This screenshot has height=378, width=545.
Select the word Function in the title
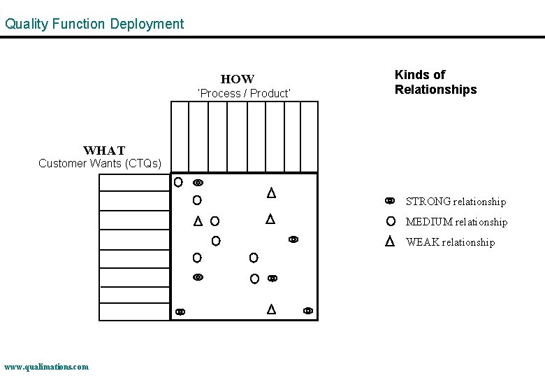pos(78,24)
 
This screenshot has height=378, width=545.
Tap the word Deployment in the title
pos(146,24)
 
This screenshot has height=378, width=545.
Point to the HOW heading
pos(238,79)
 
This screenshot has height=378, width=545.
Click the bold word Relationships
pos(435,90)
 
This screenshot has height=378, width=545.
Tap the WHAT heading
pos(104,150)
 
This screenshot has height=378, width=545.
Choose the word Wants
pos(109,164)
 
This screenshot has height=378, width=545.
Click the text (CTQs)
pos(145,164)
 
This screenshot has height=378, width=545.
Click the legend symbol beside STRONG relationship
pos(390,201)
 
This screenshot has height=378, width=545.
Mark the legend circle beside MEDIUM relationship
pos(391,221)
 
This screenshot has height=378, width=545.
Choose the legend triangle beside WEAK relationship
pos(391,241)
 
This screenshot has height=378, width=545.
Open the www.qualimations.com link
pos(46,366)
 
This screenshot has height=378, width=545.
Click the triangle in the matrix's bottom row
pos(271,309)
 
